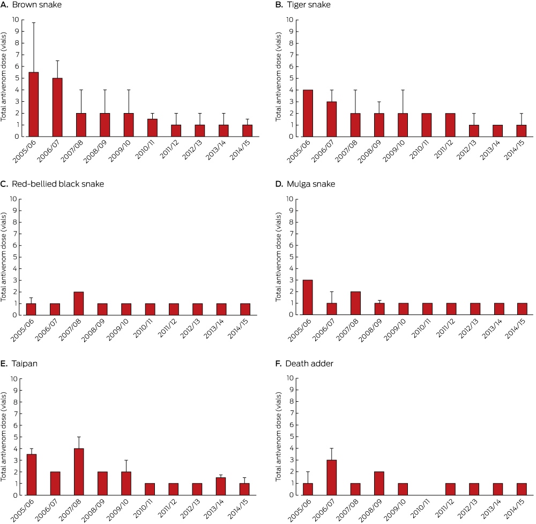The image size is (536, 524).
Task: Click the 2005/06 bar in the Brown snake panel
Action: pyautogui.click(x=33, y=104)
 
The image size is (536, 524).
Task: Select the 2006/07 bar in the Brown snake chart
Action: pyautogui.click(x=57, y=107)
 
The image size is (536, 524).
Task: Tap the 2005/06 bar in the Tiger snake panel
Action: pyautogui.click(x=308, y=114)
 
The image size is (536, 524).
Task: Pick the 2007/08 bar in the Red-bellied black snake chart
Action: pyautogui.click(x=79, y=303)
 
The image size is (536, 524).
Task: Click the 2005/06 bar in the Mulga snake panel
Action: pyautogui.click(x=308, y=297)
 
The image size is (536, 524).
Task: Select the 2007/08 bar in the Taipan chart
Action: pyautogui.click(x=79, y=471)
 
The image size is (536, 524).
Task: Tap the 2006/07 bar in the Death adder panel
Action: pyautogui.click(x=332, y=477)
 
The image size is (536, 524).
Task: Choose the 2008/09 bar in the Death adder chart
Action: pyautogui.click(x=379, y=483)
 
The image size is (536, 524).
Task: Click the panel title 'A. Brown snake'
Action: pyautogui.click(x=31, y=5)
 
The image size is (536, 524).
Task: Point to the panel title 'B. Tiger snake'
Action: pyautogui.click(x=303, y=5)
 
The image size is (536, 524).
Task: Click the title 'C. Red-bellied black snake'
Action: pyautogui.click(x=52, y=184)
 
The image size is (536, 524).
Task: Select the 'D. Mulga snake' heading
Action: pyautogui.click(x=306, y=184)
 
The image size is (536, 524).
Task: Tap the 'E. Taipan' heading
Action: pyautogui.click(x=19, y=363)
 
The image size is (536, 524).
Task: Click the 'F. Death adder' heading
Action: pyautogui.click(x=304, y=363)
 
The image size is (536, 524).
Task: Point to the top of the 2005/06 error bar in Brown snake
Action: pyautogui.click(x=33, y=23)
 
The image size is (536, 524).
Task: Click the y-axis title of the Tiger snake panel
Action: pyautogui.click(x=278, y=77)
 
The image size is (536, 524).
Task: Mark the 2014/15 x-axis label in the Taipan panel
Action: pyautogui.click(x=239, y=509)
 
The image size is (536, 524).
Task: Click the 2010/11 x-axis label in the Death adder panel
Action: pyautogui.click(x=420, y=508)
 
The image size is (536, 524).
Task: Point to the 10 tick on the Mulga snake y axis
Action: pyautogui.click(x=290, y=199)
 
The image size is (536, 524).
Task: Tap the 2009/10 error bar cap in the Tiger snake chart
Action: pyautogui.click(x=403, y=90)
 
